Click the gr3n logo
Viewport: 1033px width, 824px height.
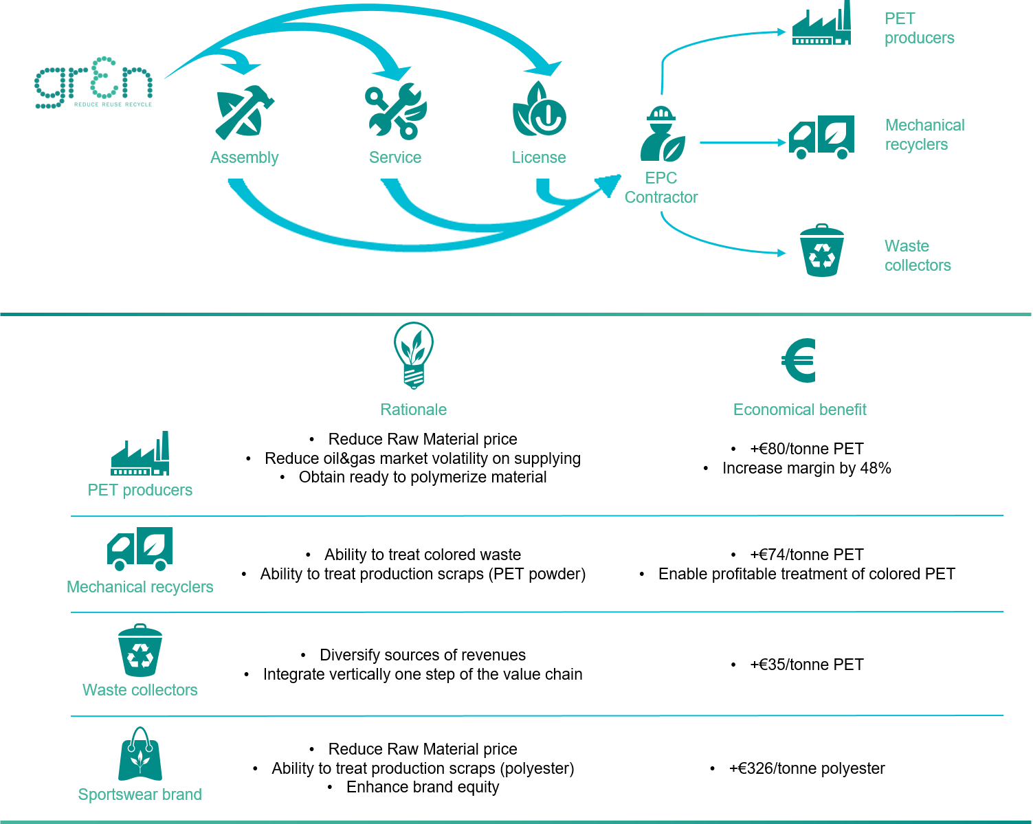click(x=93, y=86)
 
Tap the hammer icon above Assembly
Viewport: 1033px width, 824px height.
click(x=244, y=113)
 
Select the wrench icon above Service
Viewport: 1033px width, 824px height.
click(x=395, y=111)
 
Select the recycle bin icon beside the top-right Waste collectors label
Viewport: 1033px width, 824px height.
click(x=821, y=251)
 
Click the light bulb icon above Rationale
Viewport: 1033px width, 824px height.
click(x=413, y=355)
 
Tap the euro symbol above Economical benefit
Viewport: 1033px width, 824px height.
click(x=799, y=360)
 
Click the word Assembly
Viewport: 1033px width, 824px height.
click(x=244, y=157)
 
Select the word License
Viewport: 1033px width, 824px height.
click(x=539, y=157)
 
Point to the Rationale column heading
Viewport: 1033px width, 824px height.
click(x=413, y=410)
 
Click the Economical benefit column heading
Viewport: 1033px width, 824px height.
click(x=799, y=410)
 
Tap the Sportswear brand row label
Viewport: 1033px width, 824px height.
click(x=140, y=794)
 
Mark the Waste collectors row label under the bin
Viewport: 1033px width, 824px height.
click(x=140, y=690)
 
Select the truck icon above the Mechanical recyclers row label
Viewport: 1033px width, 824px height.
click(x=140, y=548)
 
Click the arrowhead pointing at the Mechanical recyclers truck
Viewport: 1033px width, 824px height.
click(x=782, y=142)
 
